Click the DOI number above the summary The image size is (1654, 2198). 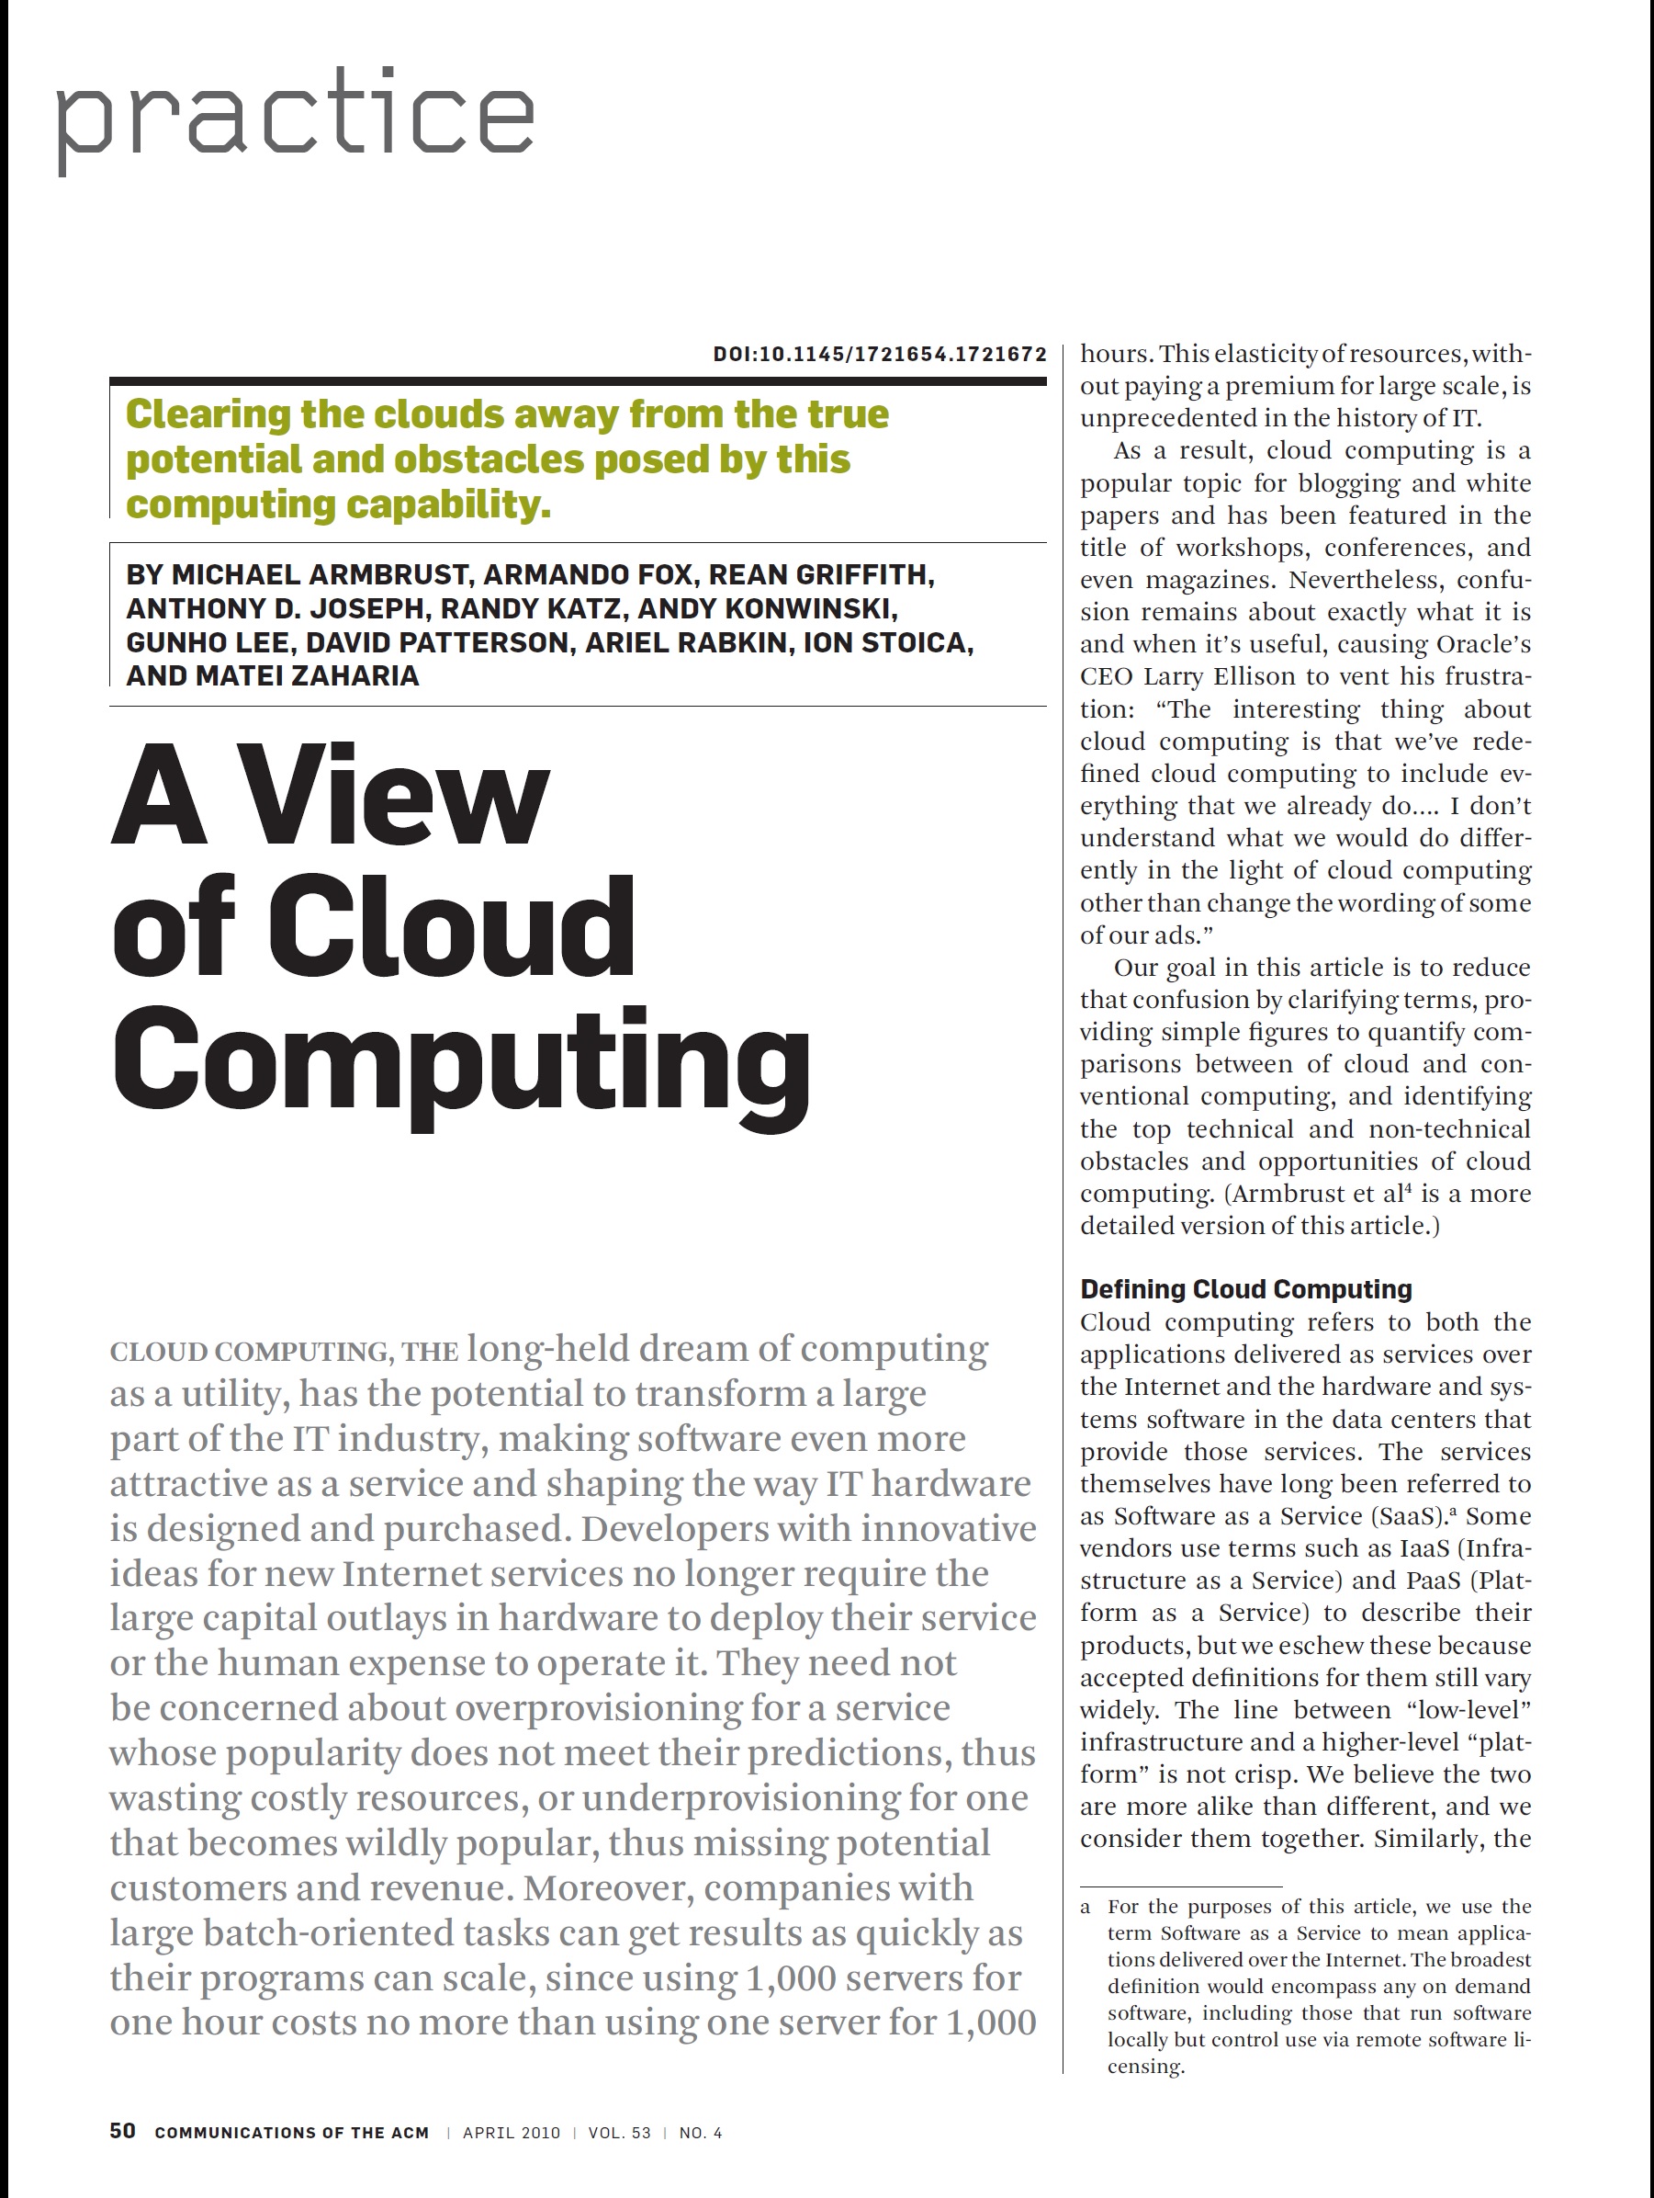879,354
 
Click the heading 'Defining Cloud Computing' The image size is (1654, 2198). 1245,1289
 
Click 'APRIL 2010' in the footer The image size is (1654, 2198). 511,2133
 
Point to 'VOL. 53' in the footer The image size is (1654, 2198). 619,2133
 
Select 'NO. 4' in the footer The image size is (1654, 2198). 701,2133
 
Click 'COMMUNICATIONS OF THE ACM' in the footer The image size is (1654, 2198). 291,2133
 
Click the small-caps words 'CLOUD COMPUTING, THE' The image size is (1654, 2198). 283,1353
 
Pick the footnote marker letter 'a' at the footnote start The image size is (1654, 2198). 1086,1907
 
